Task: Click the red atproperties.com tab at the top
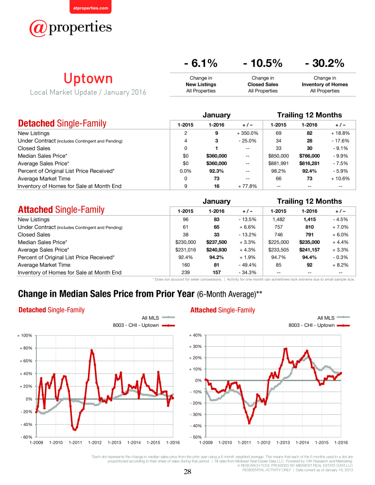[90, 7]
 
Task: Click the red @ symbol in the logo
[38, 28]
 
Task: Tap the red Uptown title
[88, 78]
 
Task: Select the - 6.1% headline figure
[201, 63]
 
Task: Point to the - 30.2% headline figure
[324, 63]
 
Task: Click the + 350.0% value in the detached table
[247, 133]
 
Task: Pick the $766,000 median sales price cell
[309, 156]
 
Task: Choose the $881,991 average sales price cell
[278, 163]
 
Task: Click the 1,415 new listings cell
[309, 219]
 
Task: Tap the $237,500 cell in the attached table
[216, 242]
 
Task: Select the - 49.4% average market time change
[247, 265]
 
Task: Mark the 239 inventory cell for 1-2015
[186, 273]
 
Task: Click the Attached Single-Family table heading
[61, 210]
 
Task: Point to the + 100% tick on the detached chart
[24, 336]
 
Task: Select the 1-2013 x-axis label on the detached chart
[114, 443]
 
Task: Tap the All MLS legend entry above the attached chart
[333, 318]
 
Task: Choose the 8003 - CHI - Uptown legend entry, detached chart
[144, 325]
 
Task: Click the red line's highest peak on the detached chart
[91, 350]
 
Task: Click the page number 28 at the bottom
[187, 472]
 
